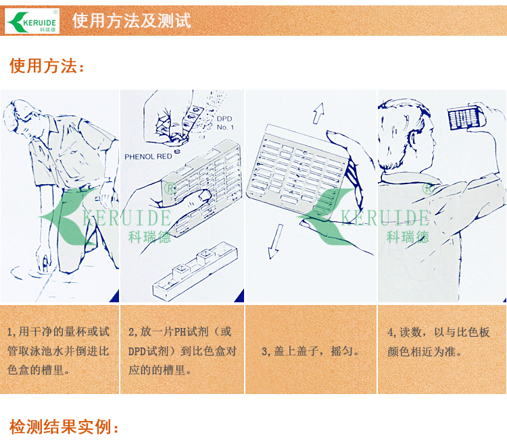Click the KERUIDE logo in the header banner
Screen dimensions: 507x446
32,21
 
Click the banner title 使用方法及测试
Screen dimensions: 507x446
131,21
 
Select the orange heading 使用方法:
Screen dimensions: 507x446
47,66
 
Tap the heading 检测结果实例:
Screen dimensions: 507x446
64,426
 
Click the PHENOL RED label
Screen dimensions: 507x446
148,157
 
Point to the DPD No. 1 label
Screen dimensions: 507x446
225,123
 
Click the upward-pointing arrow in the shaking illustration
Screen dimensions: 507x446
318,113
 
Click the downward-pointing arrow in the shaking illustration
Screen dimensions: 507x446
274,242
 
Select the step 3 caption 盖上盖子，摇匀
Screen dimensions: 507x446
310,351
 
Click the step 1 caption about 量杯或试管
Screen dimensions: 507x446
59,351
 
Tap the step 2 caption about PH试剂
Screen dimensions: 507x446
183,351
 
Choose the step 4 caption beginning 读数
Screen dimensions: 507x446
439,341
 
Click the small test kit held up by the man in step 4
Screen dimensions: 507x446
465,117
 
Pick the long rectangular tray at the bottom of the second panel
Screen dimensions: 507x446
195,271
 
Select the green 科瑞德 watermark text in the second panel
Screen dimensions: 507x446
149,238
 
